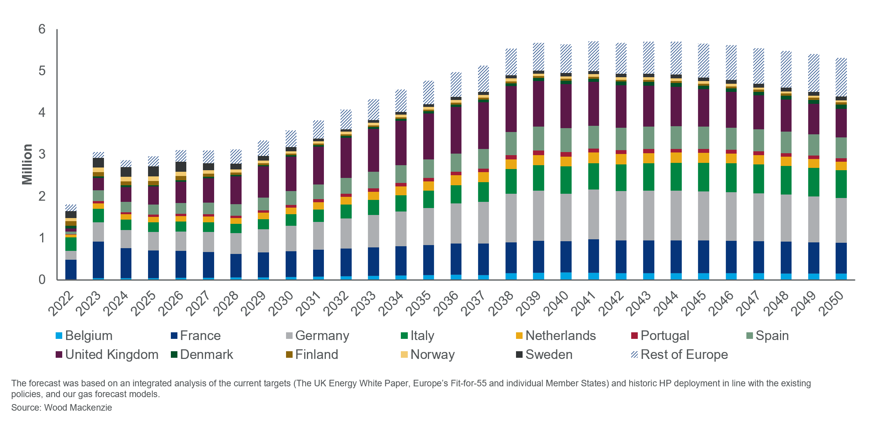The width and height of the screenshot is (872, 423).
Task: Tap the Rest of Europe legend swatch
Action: tap(634, 355)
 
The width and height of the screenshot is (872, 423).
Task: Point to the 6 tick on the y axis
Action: tap(42, 29)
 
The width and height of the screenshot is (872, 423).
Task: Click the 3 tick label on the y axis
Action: tap(42, 154)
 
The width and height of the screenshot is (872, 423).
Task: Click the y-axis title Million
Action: tap(27, 164)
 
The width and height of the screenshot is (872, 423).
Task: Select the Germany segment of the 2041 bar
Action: tap(594, 214)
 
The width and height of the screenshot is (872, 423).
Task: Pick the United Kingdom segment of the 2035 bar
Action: tap(428, 136)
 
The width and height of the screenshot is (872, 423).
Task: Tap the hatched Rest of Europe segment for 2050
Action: tap(841, 77)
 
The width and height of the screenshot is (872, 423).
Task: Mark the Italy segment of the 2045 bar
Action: tap(703, 177)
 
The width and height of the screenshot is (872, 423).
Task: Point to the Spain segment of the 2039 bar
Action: tap(538, 139)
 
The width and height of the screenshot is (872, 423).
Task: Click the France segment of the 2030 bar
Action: tap(291, 264)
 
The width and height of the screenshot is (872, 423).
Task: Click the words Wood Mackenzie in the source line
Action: tap(78, 408)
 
